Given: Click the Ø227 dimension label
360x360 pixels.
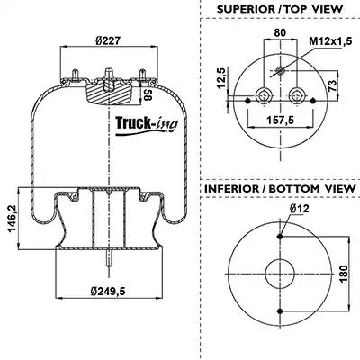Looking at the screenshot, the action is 108,40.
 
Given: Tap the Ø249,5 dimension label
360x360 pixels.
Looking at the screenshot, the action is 108,291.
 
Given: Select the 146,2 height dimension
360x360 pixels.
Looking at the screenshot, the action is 13,219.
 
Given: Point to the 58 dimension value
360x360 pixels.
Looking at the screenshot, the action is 147,94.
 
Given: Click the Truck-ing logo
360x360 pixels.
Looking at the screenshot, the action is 147,124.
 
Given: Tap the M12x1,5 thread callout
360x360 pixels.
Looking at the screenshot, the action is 330,41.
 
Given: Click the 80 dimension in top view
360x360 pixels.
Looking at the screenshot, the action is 280,32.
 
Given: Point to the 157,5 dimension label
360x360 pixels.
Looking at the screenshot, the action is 281,120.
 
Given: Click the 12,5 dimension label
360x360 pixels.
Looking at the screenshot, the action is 220,77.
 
